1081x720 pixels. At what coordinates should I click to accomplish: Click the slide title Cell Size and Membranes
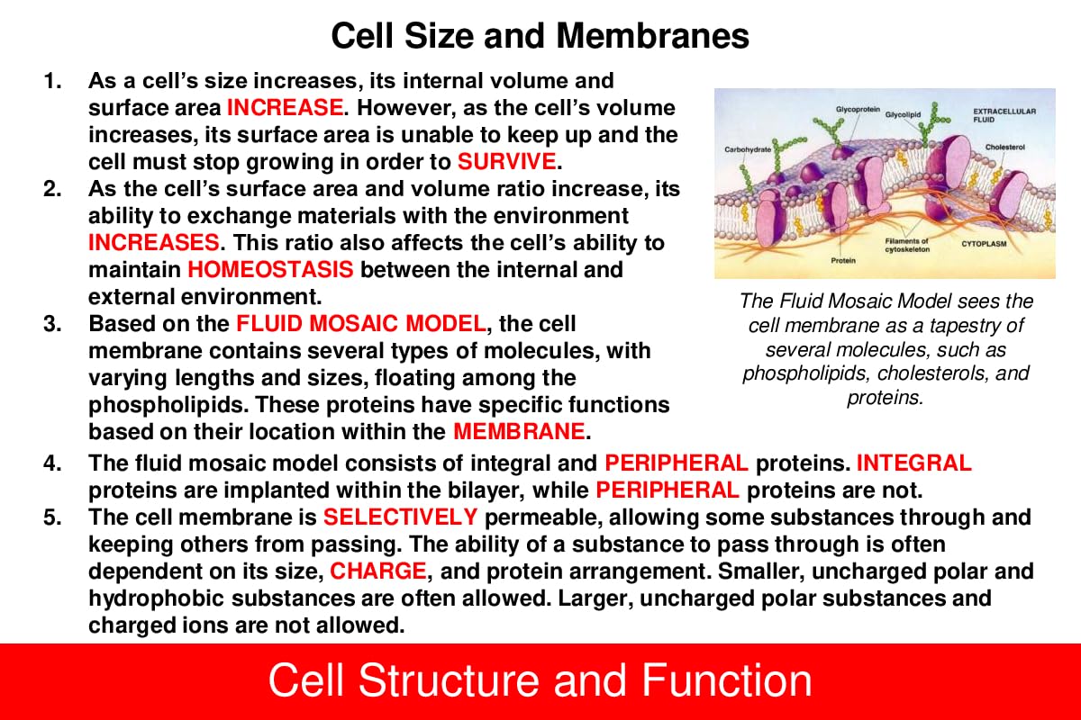(540, 36)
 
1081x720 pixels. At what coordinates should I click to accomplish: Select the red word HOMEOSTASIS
(270, 268)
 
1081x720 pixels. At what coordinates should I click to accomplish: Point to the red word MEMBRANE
(519, 430)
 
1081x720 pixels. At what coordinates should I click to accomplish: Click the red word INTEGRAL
(913, 463)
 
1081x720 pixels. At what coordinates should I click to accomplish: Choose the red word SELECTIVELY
(400, 517)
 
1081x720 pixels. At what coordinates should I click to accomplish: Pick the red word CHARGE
(377, 571)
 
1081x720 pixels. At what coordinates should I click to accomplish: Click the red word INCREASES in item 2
(153, 241)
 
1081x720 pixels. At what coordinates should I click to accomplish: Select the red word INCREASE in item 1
(285, 108)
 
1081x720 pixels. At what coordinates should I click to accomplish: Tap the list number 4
(52, 463)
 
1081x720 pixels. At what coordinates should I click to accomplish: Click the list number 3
(52, 322)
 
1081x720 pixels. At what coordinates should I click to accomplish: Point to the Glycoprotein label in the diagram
(858, 108)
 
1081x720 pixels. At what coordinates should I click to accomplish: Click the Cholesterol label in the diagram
(1005, 146)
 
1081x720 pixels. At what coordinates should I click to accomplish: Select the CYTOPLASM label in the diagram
(983, 244)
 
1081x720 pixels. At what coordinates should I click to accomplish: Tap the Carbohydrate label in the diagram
(748, 148)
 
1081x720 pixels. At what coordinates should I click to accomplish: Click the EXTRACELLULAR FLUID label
(1004, 114)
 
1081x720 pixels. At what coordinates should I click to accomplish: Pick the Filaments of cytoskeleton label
(905, 245)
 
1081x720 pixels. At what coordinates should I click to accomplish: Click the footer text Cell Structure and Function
(540, 680)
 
